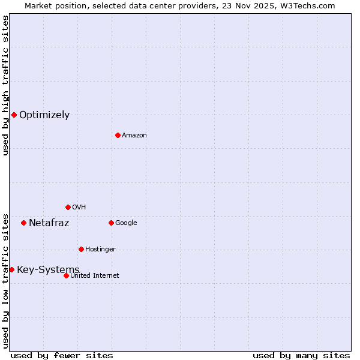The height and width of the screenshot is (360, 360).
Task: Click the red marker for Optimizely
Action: [x=14, y=115]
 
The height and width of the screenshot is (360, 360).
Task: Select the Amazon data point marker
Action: [x=118, y=135]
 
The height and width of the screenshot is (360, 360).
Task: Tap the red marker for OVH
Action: [x=68, y=207]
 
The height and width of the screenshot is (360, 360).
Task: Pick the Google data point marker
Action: [x=111, y=223]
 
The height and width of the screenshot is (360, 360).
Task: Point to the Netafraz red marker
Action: [x=23, y=223]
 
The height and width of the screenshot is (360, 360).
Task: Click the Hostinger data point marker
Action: [x=81, y=249]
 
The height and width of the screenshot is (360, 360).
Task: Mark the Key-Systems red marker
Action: [x=11, y=269]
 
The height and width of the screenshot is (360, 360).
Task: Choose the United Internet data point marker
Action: [x=66, y=275]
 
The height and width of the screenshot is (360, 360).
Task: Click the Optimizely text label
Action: [x=44, y=115]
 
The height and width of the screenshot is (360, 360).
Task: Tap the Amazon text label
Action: [x=134, y=136]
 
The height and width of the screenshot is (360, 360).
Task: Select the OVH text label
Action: [x=79, y=208]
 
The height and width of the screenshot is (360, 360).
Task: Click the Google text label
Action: [x=126, y=223]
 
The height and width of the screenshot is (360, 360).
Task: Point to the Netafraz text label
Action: [x=49, y=223]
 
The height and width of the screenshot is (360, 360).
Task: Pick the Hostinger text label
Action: [x=100, y=250]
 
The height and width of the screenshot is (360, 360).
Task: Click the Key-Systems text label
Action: [x=48, y=270]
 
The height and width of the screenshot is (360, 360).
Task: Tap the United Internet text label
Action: [x=95, y=276]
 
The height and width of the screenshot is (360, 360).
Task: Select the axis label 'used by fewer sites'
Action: [x=62, y=355]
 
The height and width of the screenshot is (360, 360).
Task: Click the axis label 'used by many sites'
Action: [x=301, y=355]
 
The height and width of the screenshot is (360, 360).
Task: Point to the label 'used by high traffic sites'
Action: [x=6, y=86]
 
